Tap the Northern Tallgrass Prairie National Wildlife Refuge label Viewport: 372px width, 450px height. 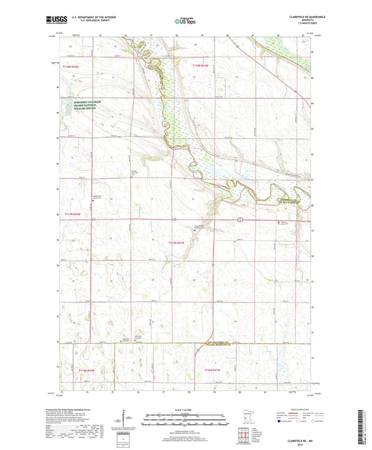(x=90, y=106)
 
